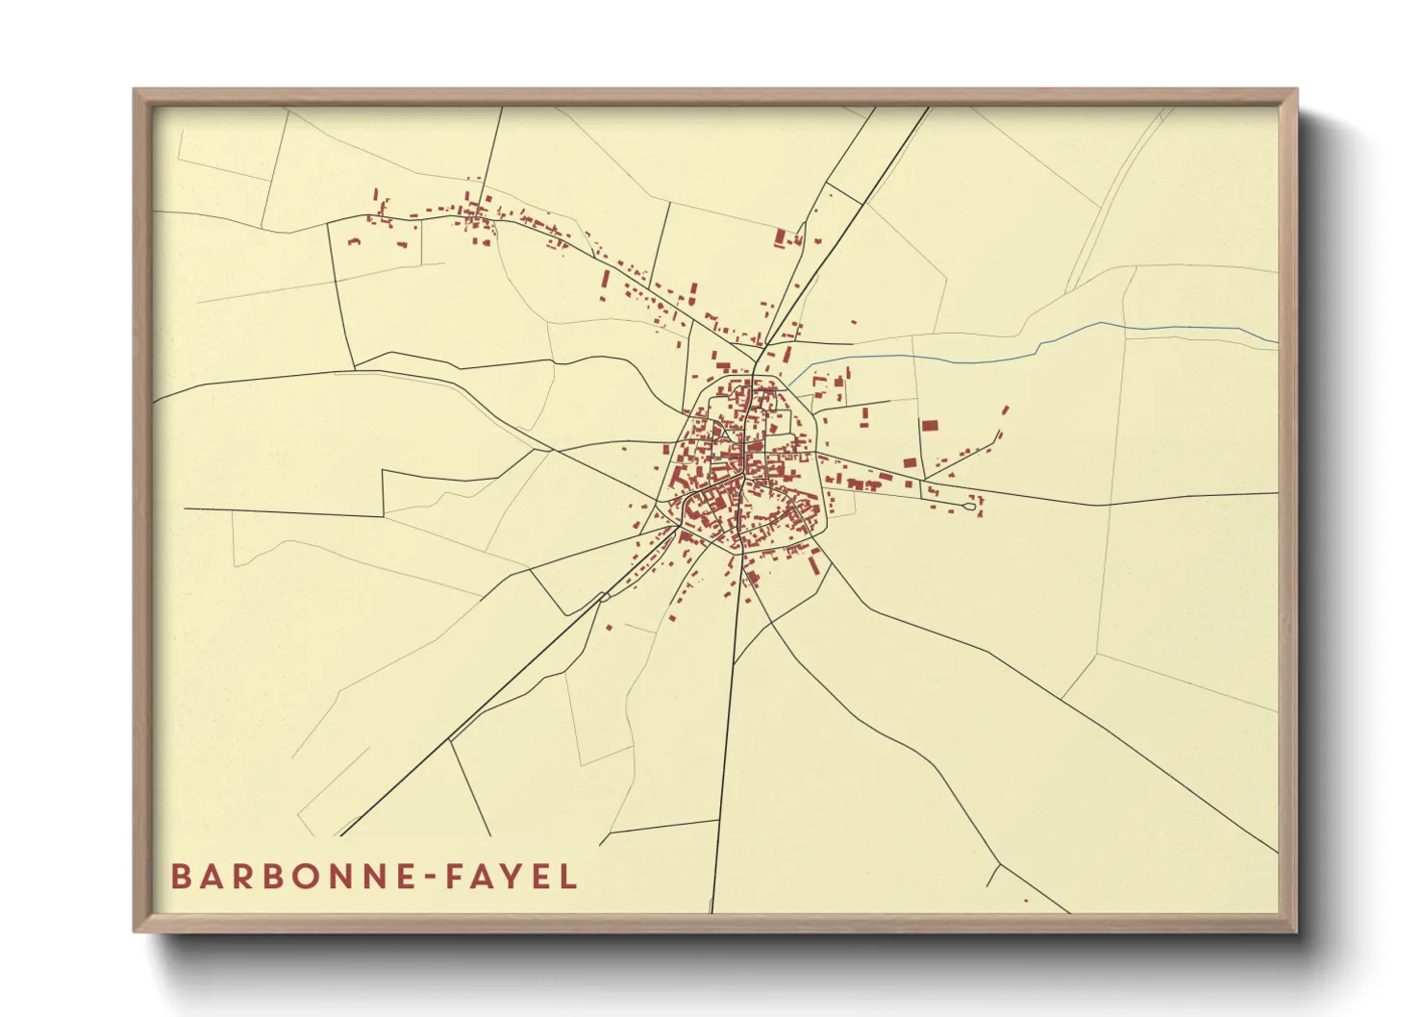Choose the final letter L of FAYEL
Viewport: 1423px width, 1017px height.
click(x=569, y=877)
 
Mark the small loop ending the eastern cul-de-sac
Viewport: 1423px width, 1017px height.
click(x=970, y=506)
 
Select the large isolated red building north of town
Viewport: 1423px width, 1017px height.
click(x=781, y=237)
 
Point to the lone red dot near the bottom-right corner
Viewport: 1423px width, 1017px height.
click(x=1026, y=901)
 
